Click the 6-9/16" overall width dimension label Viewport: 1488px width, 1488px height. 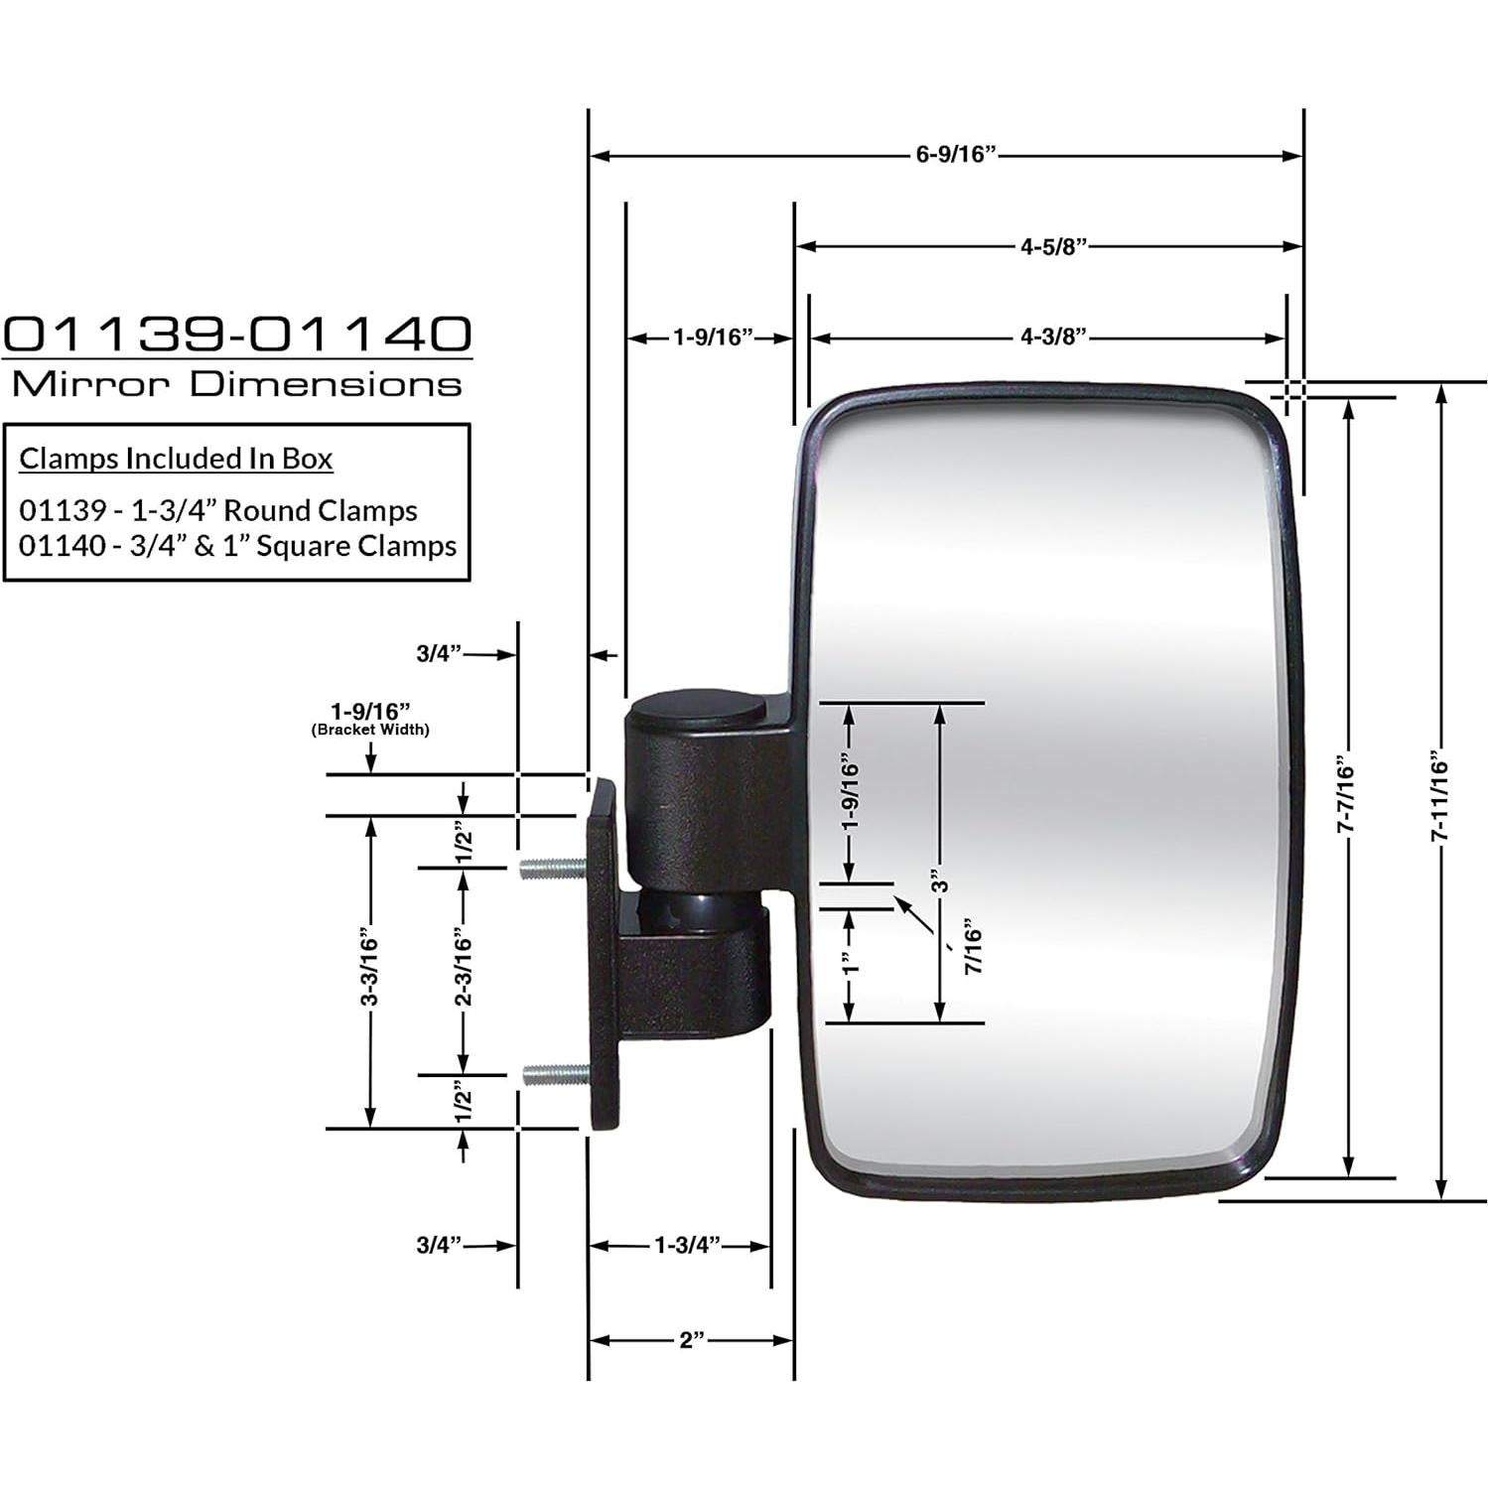point(955,155)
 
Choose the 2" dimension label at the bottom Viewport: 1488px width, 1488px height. point(692,1340)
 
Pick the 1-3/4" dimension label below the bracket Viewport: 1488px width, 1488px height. point(687,1245)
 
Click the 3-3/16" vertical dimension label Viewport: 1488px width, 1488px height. point(370,967)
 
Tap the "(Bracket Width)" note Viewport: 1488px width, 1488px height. point(370,730)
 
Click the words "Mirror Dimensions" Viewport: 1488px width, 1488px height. point(236,384)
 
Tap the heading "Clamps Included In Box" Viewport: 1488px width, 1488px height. point(177,459)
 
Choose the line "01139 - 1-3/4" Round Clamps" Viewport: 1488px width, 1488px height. point(218,510)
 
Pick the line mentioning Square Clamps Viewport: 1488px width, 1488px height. point(238,546)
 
